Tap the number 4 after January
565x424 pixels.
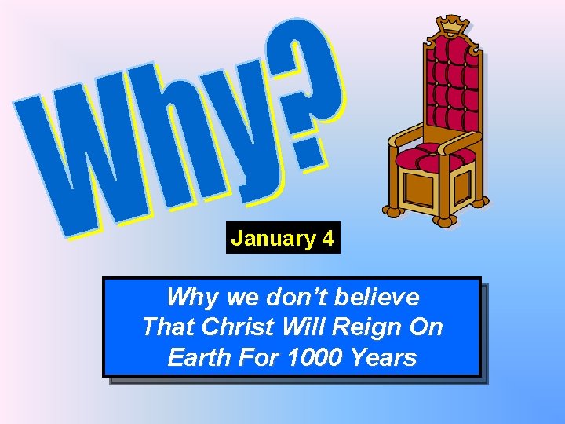(327, 239)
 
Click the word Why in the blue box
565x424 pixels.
(191, 298)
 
